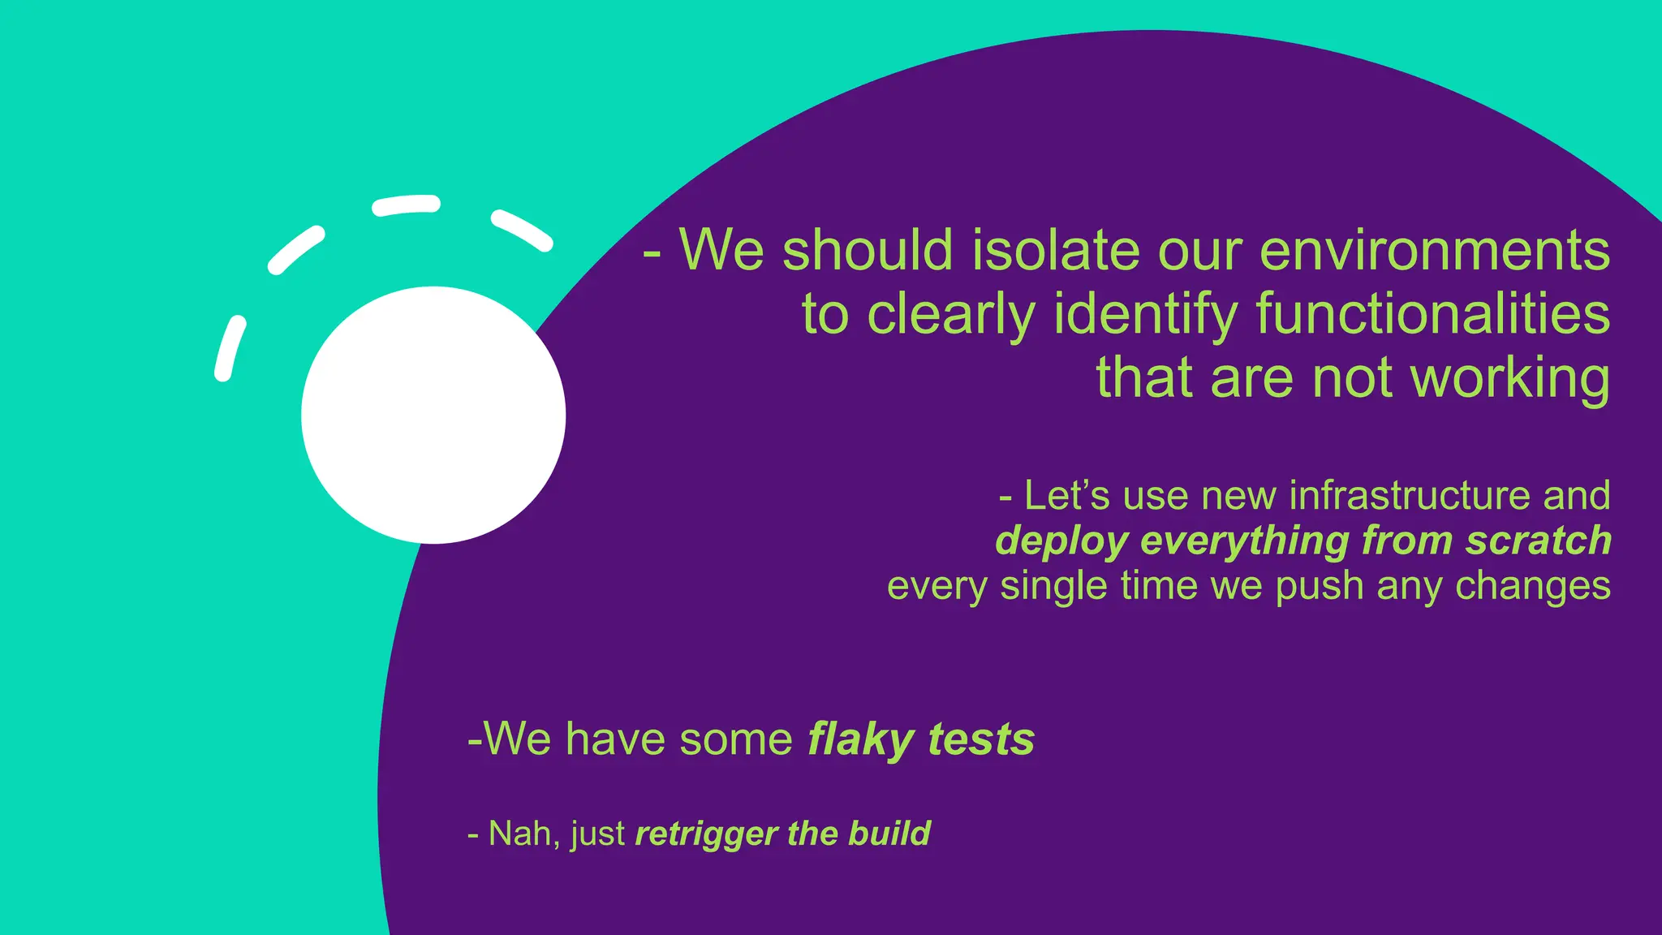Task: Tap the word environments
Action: (1434, 250)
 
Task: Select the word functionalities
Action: (1433, 314)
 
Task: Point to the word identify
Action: (1145, 314)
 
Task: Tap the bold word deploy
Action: (1061, 541)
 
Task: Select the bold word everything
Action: (1245, 541)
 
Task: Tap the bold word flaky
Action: (861, 740)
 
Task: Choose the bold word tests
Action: (981, 739)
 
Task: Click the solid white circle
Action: (433, 415)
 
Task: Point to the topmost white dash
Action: (406, 205)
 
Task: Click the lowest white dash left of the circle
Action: (230, 348)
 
